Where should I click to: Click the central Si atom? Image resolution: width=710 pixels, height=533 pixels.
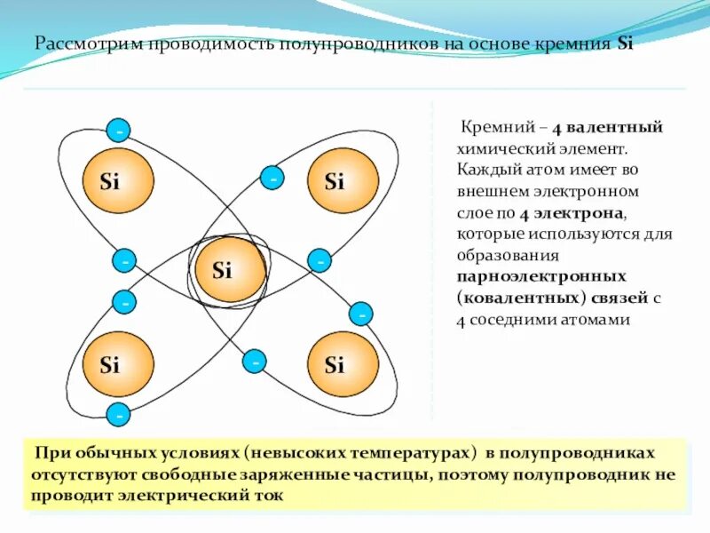click(x=226, y=270)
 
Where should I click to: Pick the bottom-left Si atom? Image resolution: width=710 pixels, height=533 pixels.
click(x=118, y=364)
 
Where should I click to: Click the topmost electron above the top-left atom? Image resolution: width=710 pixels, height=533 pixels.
click(x=117, y=131)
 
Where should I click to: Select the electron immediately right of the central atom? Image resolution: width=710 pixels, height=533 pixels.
click(x=319, y=261)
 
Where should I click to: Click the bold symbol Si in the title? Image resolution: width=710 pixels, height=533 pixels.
click(x=626, y=44)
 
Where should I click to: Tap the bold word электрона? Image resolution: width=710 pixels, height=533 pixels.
click(x=581, y=214)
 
